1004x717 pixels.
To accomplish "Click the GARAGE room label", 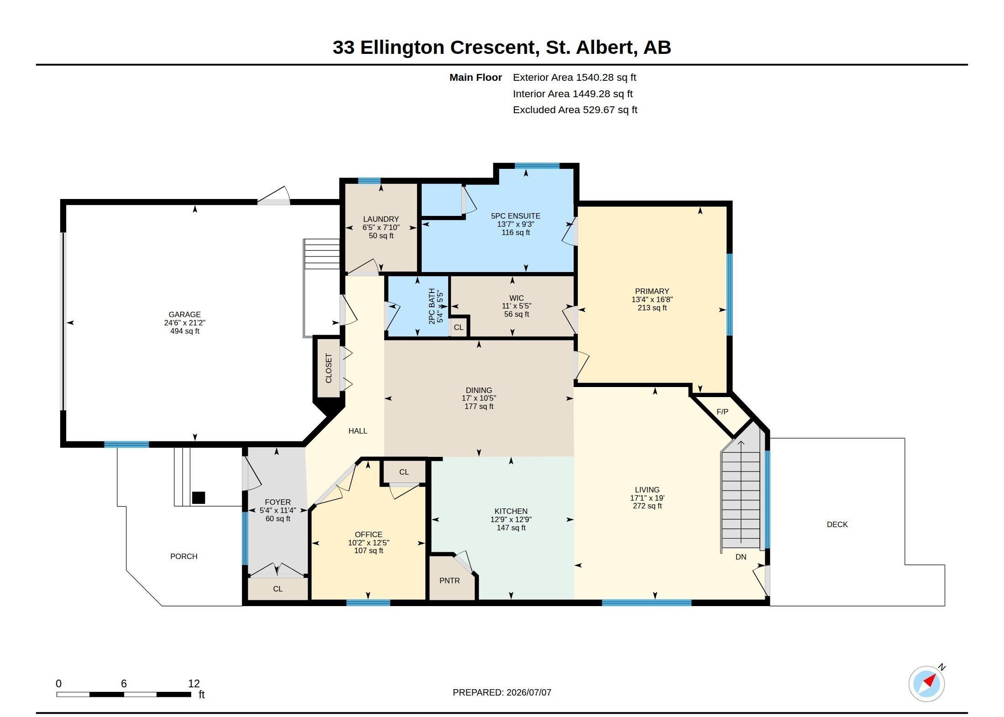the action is coord(184,314).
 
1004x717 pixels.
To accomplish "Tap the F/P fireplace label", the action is coord(722,412).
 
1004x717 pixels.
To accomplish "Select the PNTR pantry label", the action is coord(450,581).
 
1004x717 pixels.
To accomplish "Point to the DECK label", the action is coord(837,524).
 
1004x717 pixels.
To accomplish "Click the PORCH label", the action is coord(184,556).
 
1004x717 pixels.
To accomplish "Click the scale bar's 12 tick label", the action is coord(194,683).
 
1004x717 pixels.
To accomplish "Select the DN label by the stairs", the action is coord(741,557).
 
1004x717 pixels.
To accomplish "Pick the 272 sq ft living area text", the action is coord(647,506).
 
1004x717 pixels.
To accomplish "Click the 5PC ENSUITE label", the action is coord(516,216).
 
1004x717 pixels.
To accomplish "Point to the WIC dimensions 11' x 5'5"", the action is coord(517,306).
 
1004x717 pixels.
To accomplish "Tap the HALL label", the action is coord(358,431).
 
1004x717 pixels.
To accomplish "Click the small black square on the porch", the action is coord(199,497).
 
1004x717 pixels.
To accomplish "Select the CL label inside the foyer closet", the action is coord(278,589).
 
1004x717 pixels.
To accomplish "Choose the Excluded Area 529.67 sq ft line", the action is coord(575,110).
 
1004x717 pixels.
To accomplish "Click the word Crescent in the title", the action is coord(493,47).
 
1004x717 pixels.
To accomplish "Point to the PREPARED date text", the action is coord(502,692).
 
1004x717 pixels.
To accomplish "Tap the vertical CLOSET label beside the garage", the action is coord(329,368).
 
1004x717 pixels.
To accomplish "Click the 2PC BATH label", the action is coord(432,306).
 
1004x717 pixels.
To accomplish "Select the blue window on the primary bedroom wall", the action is coord(730,294).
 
